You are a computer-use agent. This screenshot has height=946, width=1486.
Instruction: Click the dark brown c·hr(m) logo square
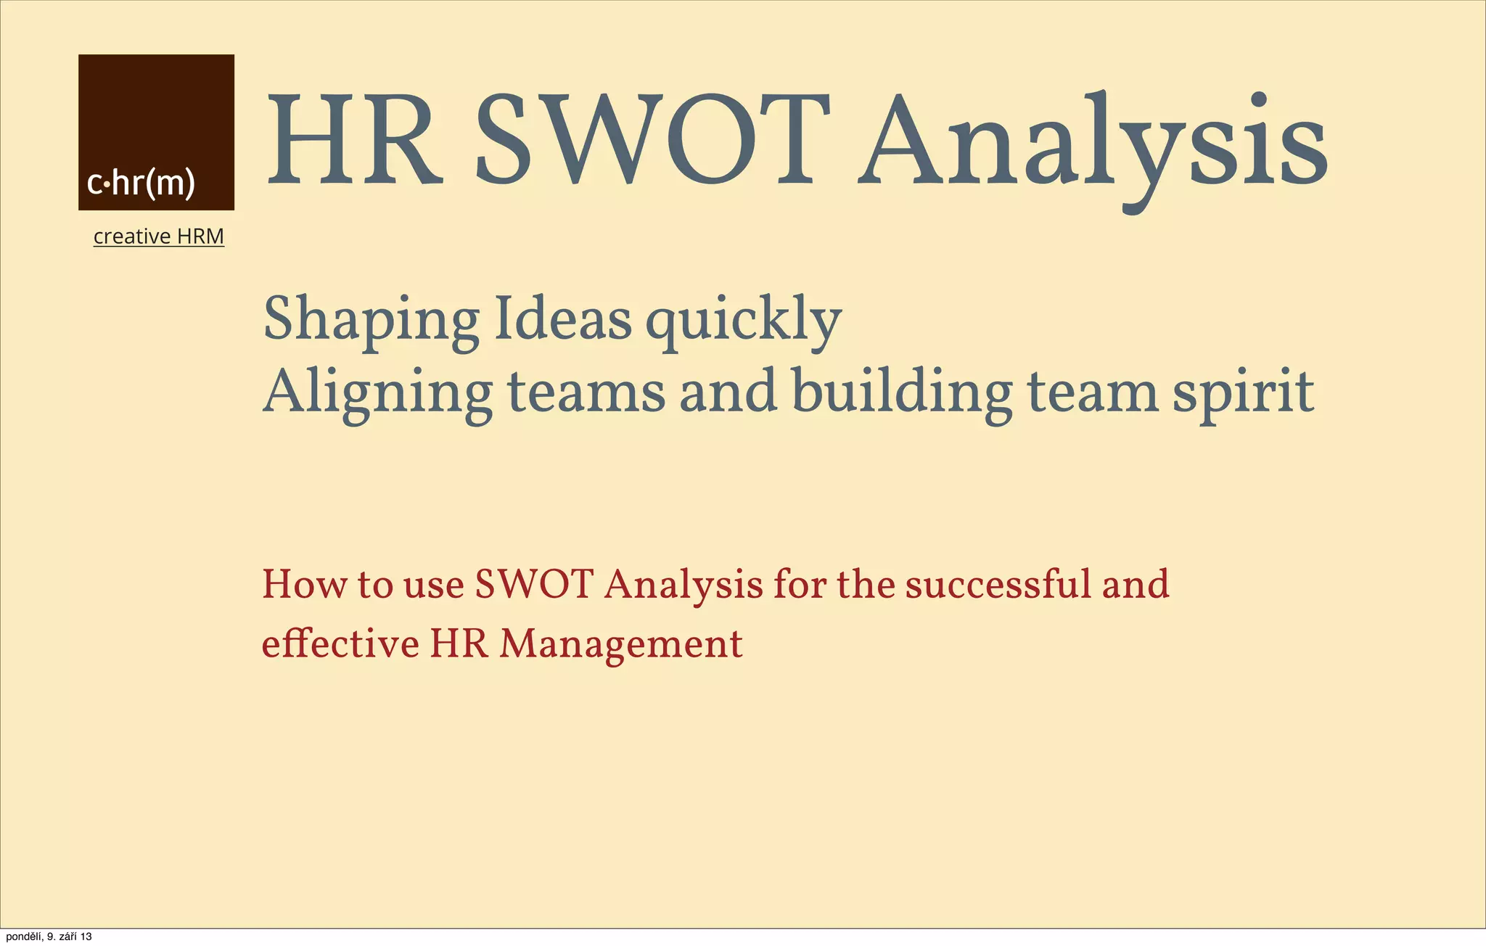[x=156, y=132]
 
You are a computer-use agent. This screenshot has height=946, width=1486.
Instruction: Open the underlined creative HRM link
[x=159, y=236]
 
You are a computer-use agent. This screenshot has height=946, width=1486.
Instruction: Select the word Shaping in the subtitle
[x=371, y=320]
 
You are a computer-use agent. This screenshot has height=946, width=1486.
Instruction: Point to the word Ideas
[x=562, y=319]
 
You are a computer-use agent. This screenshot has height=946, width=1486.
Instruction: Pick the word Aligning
[x=377, y=392]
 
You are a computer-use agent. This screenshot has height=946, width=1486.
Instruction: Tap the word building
[x=902, y=392]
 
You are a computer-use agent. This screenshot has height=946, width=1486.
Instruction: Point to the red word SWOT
[x=535, y=584]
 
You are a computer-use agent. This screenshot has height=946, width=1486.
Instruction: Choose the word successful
[x=998, y=584]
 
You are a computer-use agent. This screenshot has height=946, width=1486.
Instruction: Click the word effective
[x=340, y=643]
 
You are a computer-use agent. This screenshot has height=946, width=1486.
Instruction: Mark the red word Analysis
[x=683, y=585]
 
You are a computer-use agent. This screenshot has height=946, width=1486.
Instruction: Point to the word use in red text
[x=433, y=585]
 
